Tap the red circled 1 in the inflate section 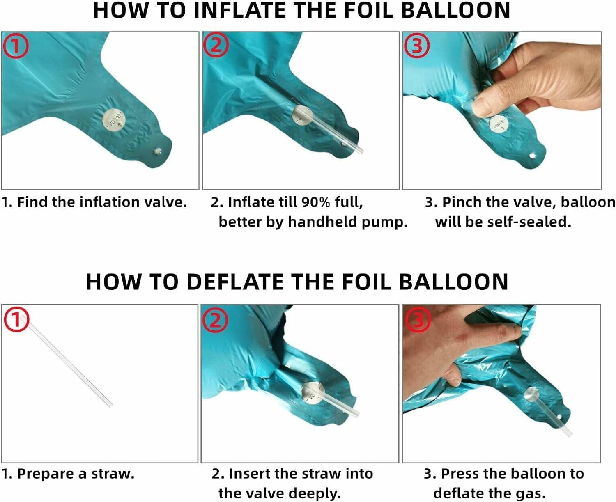click(16, 46)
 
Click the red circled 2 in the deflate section click(215, 320)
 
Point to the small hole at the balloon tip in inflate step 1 click(158, 151)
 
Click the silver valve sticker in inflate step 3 click(499, 125)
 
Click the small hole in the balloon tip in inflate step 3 click(532, 156)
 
